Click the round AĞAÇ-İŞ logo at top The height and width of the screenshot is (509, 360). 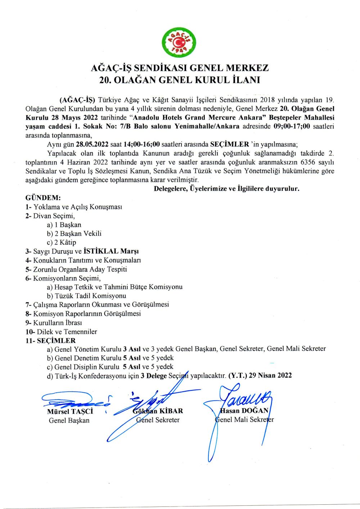pos(179,42)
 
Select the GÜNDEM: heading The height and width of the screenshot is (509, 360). pos(43,198)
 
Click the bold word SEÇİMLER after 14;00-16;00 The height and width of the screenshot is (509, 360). pos(229,144)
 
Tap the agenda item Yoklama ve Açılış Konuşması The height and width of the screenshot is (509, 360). pos(78,207)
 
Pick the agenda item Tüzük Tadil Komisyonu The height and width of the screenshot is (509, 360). pos(90,296)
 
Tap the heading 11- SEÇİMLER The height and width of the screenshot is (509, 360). pos(51,341)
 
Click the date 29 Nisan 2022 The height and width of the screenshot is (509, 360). pos(270,375)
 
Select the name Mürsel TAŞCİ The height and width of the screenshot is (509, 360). pos(70,411)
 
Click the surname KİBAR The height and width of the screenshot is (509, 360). pos(171,411)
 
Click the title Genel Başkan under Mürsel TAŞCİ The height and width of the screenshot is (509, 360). pos(69,420)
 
